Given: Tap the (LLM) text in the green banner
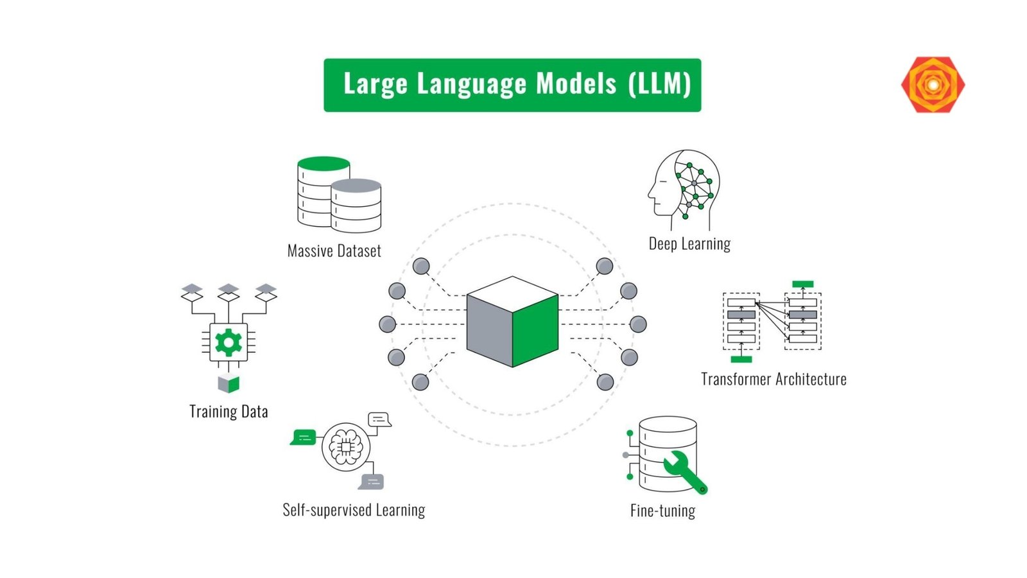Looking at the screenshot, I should (x=659, y=84).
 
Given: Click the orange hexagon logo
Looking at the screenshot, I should (x=933, y=85).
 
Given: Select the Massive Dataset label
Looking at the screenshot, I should (x=334, y=251).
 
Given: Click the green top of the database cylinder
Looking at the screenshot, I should (x=324, y=163).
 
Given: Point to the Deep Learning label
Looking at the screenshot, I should (x=689, y=244).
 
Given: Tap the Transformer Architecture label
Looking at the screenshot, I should (x=773, y=380).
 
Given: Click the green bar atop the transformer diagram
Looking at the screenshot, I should (x=802, y=284).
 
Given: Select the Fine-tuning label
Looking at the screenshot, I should (x=662, y=511).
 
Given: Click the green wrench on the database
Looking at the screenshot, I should (x=684, y=472).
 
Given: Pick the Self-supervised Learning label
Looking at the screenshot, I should (x=354, y=511).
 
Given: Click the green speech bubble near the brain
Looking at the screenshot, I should (x=303, y=437).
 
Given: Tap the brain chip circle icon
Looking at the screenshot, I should (x=346, y=446).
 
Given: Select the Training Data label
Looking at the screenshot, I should (x=229, y=412).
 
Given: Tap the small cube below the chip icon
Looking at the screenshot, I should (x=229, y=383).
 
